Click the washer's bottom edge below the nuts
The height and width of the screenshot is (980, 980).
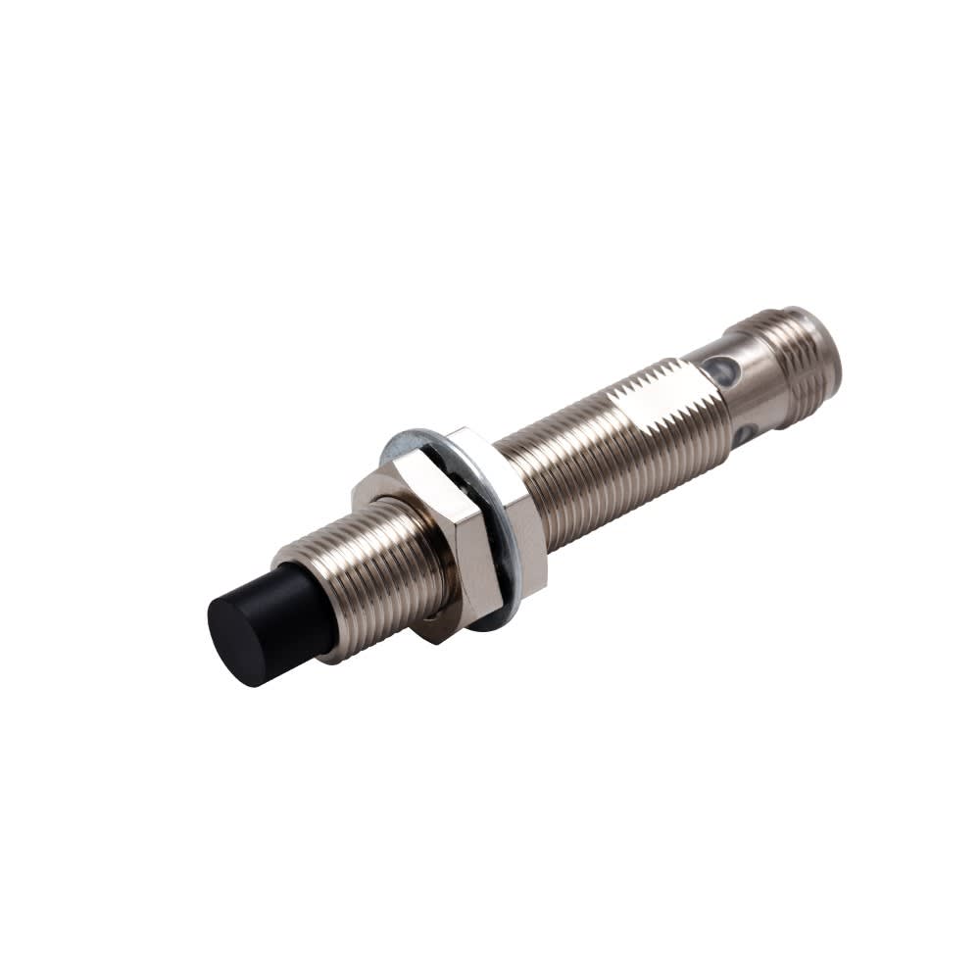click(490, 623)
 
